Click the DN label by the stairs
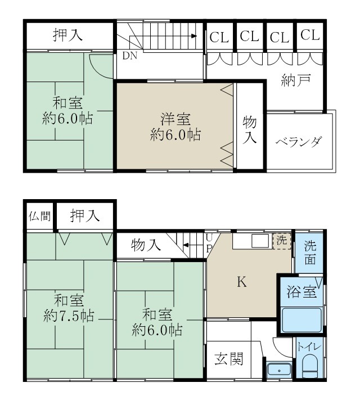point(129,56)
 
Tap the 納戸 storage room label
point(296,81)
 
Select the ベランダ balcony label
point(299,141)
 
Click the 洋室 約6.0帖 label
point(175,127)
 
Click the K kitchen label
point(242,282)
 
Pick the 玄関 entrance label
point(229,358)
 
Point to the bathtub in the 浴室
point(301,321)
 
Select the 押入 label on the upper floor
point(68,35)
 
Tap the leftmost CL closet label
point(219,37)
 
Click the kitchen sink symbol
point(259,241)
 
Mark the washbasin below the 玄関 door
point(278,370)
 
